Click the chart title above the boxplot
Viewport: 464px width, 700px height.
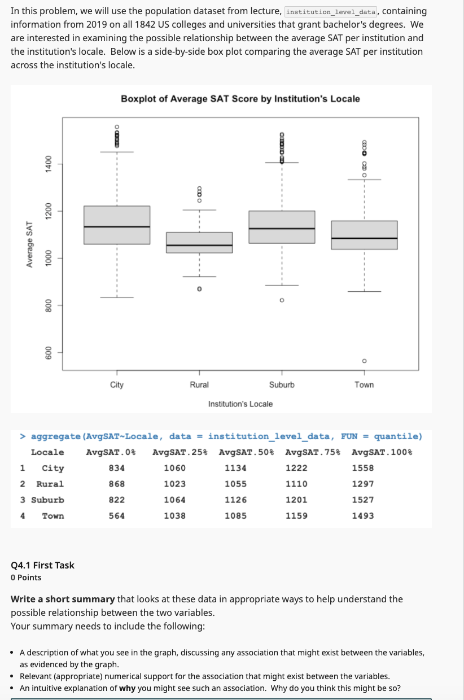pyautogui.click(x=240, y=99)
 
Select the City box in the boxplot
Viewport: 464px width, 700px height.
pyautogui.click(x=117, y=225)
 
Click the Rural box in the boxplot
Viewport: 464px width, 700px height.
pyautogui.click(x=199, y=242)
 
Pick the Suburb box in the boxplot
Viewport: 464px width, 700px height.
pyautogui.click(x=282, y=227)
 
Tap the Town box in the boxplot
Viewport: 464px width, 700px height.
pyautogui.click(x=364, y=235)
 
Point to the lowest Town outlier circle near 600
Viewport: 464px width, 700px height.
pyautogui.click(x=364, y=361)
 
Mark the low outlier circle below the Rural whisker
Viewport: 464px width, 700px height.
pyautogui.click(x=199, y=288)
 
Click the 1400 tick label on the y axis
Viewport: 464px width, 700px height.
pyautogui.click(x=49, y=164)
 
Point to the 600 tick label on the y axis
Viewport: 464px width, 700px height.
pyautogui.click(x=49, y=352)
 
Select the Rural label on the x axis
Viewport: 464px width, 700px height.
pyautogui.click(x=199, y=384)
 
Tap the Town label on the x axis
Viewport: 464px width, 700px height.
pyautogui.click(x=364, y=384)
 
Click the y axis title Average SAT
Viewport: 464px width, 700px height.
pyautogui.click(x=29, y=244)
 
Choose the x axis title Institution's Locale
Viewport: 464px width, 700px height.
pyautogui.click(x=240, y=404)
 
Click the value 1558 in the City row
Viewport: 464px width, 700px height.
pyautogui.click(x=362, y=468)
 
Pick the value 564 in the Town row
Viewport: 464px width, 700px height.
pyautogui.click(x=117, y=515)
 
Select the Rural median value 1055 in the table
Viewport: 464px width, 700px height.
pyautogui.click(x=235, y=484)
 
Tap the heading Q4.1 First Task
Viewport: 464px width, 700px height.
pyautogui.click(x=42, y=565)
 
